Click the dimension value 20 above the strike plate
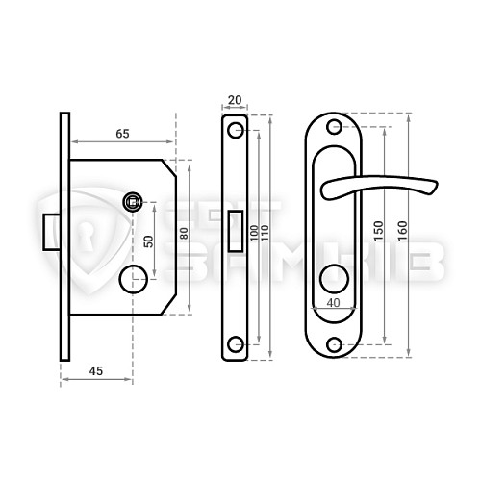point(235,100)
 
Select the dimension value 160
point(401,233)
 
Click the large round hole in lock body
point(130,280)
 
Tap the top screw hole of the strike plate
point(235,130)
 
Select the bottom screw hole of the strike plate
point(235,343)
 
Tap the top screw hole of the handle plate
point(335,127)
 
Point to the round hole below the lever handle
point(335,280)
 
